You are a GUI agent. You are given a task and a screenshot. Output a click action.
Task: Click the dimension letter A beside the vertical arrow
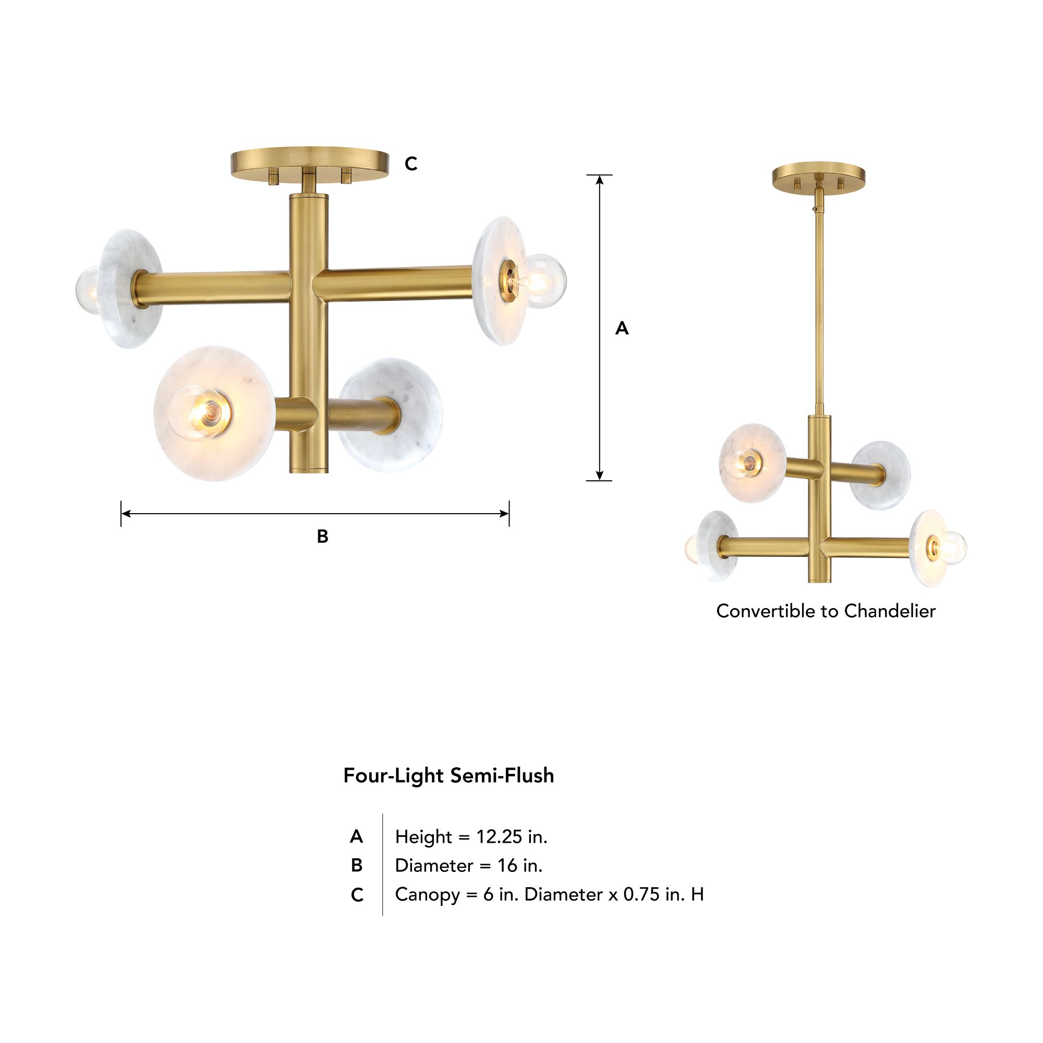[622, 328]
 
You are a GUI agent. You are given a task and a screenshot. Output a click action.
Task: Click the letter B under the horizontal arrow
[322, 537]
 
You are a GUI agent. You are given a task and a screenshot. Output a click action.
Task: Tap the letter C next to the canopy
[411, 164]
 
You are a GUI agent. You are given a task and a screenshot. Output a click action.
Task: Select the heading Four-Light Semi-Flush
[448, 776]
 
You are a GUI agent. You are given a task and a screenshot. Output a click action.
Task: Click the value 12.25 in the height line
[499, 837]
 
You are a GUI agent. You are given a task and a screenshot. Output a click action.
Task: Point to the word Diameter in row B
[433, 865]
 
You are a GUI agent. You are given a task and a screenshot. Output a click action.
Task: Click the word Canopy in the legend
[427, 894]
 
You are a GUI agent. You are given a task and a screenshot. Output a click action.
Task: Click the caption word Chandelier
[890, 611]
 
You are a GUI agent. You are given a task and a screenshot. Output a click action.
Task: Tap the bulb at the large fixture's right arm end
[544, 281]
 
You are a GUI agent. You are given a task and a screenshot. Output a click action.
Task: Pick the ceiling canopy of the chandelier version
[818, 175]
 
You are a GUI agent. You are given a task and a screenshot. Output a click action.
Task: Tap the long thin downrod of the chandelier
[819, 308]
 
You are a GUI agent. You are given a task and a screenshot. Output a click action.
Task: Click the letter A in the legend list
[356, 837]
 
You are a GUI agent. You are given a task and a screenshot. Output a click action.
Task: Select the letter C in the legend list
[357, 895]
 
